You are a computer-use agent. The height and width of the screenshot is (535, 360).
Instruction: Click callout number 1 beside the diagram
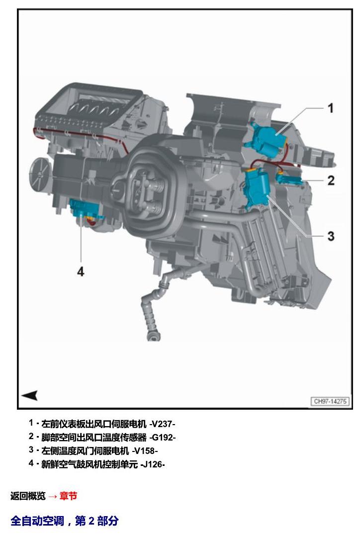(330, 108)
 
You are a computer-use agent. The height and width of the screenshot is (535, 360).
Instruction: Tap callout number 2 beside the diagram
(331, 180)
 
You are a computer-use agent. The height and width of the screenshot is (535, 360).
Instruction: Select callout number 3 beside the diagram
(331, 236)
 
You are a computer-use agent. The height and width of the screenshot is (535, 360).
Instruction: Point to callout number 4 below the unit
(81, 271)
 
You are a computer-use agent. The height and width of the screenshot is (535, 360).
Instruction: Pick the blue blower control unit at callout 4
(83, 209)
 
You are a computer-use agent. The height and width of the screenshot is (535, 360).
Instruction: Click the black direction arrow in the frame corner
(30, 395)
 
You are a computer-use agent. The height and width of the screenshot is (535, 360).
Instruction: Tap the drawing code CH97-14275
(330, 401)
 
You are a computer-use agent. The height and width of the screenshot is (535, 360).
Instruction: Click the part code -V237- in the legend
(162, 424)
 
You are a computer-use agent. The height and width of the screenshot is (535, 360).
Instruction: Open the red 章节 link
(68, 496)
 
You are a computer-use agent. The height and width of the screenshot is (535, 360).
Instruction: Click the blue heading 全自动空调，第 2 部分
(65, 521)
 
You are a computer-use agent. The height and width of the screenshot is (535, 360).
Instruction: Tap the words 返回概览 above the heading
(28, 496)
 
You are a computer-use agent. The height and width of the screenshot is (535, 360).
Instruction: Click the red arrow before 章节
(53, 496)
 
